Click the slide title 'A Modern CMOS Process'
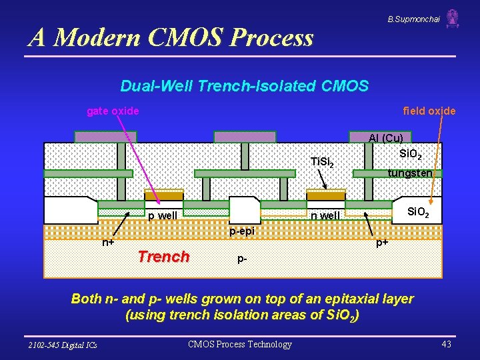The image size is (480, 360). pyautogui.click(x=171, y=37)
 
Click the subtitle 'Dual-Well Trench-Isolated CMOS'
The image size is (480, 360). pyautogui.click(x=244, y=86)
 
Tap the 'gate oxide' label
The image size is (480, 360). pyautogui.click(x=113, y=111)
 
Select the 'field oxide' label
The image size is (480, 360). pyautogui.click(x=429, y=111)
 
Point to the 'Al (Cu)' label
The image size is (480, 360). pyautogui.click(x=385, y=139)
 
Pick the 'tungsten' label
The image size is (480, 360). pyautogui.click(x=410, y=173)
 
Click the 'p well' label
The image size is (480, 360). pyautogui.click(x=163, y=215)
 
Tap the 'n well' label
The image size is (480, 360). pyautogui.click(x=327, y=215)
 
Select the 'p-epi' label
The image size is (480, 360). pyautogui.click(x=242, y=231)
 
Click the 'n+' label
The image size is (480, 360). pyautogui.click(x=107, y=243)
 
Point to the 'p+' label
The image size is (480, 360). pyautogui.click(x=382, y=243)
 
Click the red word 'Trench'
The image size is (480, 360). pyautogui.click(x=163, y=257)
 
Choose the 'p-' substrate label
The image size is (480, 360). pyautogui.click(x=242, y=259)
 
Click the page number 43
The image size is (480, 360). pyautogui.click(x=446, y=344)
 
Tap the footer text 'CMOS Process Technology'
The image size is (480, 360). pyautogui.click(x=240, y=344)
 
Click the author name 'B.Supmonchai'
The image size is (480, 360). pyautogui.click(x=413, y=19)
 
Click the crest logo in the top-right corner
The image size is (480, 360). pyautogui.click(x=453, y=18)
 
